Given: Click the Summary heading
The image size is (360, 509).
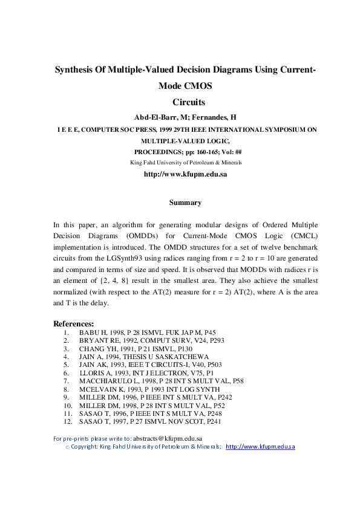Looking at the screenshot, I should (x=185, y=203).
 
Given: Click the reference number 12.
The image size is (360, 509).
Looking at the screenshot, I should (x=68, y=421).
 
